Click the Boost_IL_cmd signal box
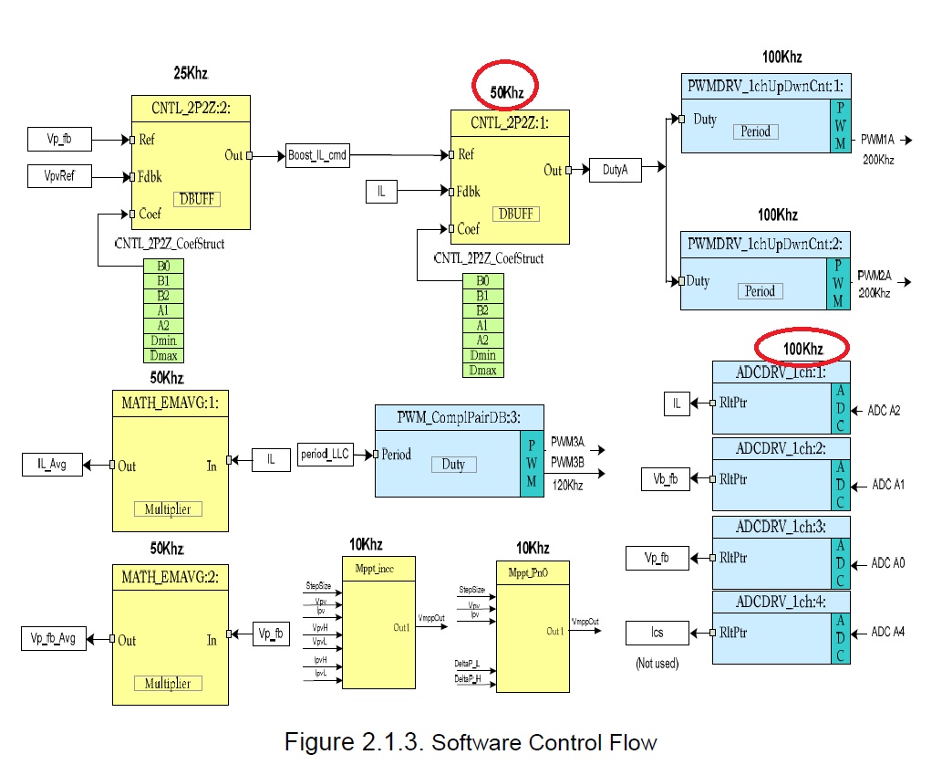(316, 155)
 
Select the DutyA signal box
(615, 168)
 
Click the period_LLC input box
(326, 455)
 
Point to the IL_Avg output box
(52, 465)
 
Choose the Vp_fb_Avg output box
(52, 639)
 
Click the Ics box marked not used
(657, 632)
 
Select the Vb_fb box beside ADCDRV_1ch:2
(664, 477)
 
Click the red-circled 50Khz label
(506, 91)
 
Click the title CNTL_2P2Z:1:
(509, 122)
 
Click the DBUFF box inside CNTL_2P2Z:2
(197, 198)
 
